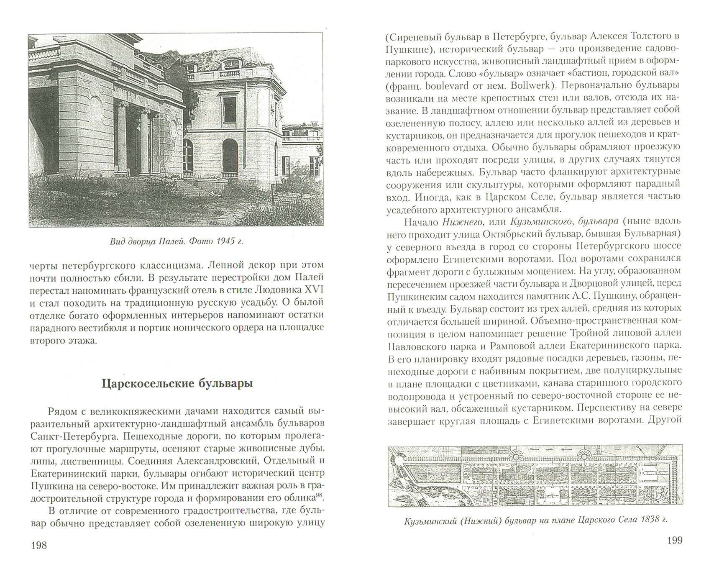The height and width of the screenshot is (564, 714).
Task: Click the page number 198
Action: (38, 545)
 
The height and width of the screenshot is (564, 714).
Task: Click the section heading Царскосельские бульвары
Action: (177, 384)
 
